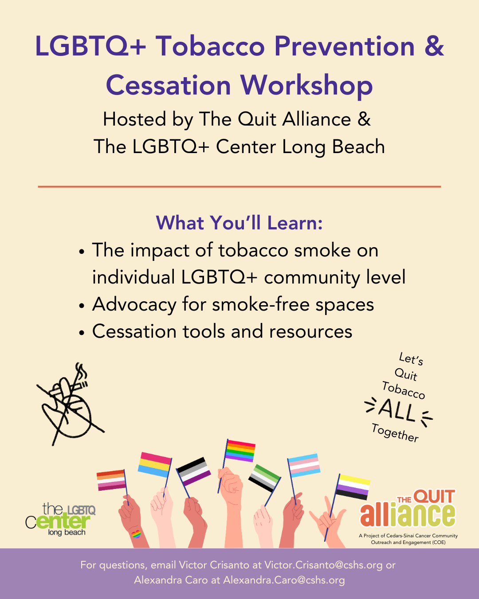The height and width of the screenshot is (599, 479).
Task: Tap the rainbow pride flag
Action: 240,451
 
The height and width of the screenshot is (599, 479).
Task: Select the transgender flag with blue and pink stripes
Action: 304,465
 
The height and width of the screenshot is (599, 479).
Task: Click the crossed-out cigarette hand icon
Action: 70,404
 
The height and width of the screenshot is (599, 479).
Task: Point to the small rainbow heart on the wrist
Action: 136,534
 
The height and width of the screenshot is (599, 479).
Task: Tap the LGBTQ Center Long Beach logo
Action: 61,520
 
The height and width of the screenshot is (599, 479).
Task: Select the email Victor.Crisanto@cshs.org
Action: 323,565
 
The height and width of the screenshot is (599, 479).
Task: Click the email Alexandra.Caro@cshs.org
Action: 284,580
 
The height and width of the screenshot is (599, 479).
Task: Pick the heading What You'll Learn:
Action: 239,223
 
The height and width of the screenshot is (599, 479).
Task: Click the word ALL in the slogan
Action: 397,410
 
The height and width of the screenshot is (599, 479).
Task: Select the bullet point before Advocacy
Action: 82,306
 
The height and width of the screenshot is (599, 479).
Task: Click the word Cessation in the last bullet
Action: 134,331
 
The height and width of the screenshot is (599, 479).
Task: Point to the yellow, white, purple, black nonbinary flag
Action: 353,487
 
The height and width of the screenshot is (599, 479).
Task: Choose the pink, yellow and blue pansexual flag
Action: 154,465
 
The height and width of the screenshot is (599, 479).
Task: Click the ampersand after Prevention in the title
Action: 434,46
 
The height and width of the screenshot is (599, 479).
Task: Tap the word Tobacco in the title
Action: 210,46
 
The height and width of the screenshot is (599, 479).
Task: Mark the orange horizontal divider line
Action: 239,186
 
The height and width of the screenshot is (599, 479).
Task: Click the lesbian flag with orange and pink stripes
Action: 111,480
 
